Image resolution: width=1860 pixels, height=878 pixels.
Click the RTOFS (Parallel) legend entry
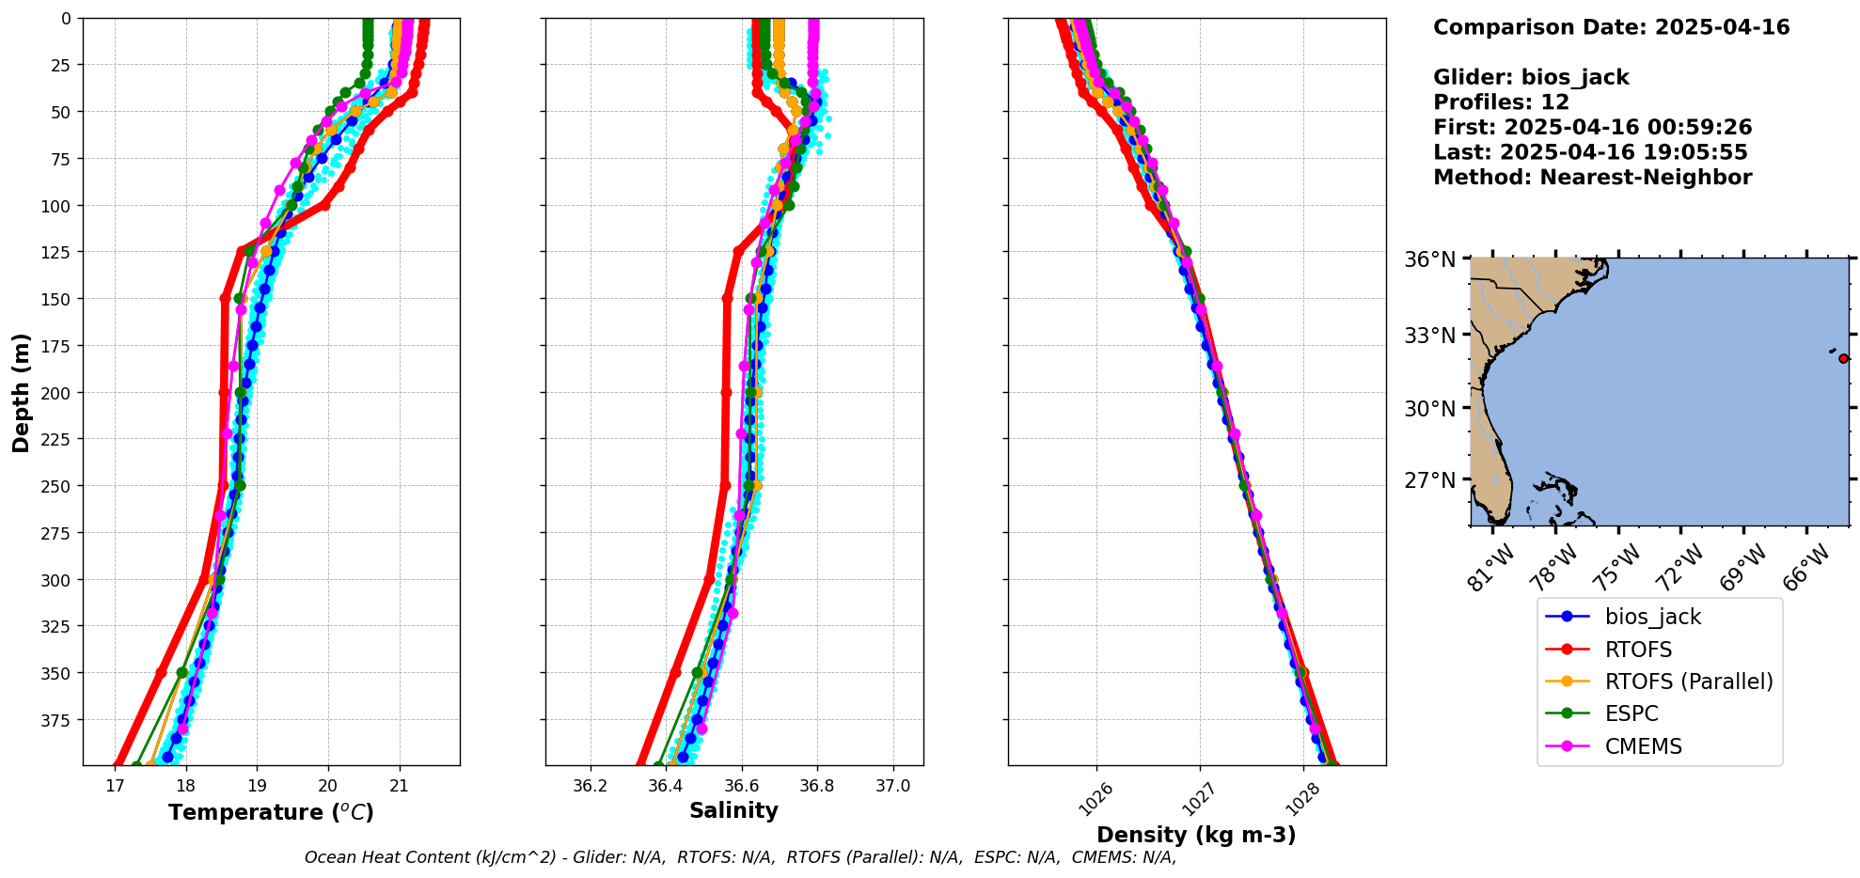(1688, 682)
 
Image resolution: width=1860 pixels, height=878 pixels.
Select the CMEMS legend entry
(1643, 746)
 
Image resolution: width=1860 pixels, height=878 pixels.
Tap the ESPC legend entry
(1631, 713)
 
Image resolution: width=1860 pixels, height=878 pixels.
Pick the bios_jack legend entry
(1652, 617)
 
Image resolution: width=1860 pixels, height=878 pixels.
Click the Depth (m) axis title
(22, 392)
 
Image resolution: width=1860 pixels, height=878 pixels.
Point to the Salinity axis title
(733, 811)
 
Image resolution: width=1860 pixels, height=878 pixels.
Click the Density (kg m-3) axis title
(1196, 835)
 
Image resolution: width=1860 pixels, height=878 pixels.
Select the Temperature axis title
(271, 812)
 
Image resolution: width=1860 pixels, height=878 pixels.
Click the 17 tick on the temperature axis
(115, 786)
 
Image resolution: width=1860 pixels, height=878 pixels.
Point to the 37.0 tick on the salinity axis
(892, 786)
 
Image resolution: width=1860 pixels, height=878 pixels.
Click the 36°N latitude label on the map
(1429, 259)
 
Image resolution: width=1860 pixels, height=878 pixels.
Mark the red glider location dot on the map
(1843, 358)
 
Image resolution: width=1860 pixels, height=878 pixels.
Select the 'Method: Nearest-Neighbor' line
(1592, 178)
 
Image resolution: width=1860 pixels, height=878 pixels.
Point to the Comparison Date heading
(1611, 27)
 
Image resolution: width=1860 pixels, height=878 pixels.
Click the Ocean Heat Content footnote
(740, 857)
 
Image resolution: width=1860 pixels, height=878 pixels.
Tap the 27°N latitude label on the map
(1429, 480)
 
